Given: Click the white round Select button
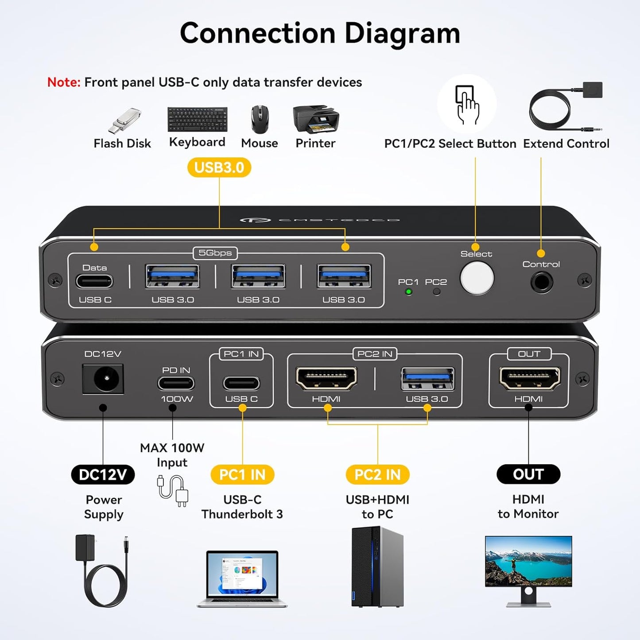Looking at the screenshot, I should click(x=477, y=278).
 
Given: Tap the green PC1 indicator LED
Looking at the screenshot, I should click(x=408, y=292).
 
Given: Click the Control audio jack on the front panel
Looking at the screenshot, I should click(x=541, y=282).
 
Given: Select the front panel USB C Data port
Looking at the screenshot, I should click(x=94, y=281).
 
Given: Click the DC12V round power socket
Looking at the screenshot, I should click(x=103, y=379).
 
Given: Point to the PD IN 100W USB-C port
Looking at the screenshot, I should click(x=176, y=384).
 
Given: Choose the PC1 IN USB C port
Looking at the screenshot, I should click(x=241, y=384).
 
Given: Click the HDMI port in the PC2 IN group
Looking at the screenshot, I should click(x=326, y=379).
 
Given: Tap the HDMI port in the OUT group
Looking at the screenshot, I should click(x=529, y=379).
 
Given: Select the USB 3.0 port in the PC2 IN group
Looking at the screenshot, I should click(x=427, y=379).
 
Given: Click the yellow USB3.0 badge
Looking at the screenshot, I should click(x=219, y=168).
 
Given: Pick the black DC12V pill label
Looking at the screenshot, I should click(x=103, y=475).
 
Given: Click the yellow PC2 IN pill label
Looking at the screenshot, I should click(x=377, y=475).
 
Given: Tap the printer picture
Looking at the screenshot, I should click(x=316, y=119).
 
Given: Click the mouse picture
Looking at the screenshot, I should click(x=260, y=119).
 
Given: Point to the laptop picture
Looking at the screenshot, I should click(x=242, y=578).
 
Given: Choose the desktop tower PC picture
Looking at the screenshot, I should click(x=377, y=567).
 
